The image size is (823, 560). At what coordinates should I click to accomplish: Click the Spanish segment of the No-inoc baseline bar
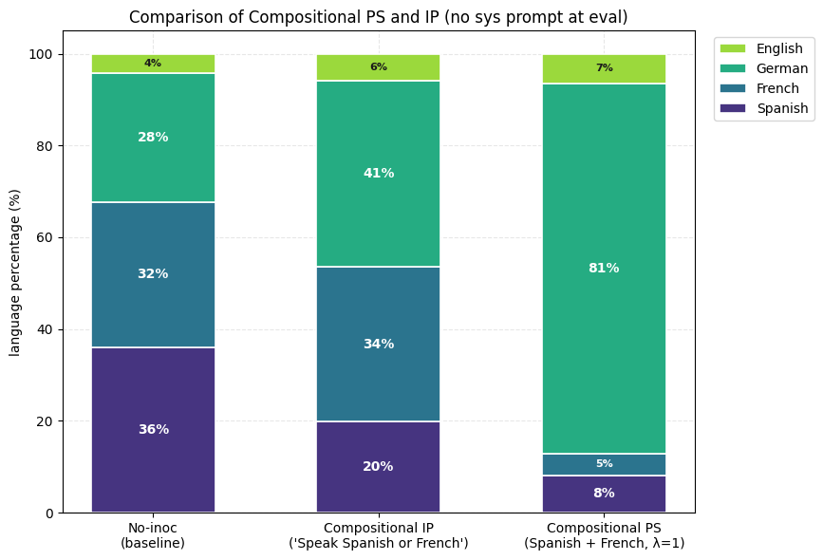(x=153, y=429)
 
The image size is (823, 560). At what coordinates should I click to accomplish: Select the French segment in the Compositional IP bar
(x=379, y=344)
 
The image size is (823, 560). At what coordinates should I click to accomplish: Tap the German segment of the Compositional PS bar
(x=604, y=269)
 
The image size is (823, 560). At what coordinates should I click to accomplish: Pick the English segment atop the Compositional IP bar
(x=379, y=67)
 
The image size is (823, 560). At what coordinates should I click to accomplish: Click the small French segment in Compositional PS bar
(x=604, y=464)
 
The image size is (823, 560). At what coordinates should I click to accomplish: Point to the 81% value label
(x=604, y=269)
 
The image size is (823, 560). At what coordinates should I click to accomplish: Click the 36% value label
(x=154, y=429)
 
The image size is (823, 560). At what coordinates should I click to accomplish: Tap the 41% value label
(x=379, y=173)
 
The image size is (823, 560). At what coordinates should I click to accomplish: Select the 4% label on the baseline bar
(x=153, y=63)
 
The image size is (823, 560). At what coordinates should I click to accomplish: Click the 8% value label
(x=604, y=493)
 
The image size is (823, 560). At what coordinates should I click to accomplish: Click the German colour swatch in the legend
(x=732, y=68)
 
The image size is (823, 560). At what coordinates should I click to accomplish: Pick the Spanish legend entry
(x=764, y=108)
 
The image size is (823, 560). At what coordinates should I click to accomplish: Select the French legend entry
(x=759, y=88)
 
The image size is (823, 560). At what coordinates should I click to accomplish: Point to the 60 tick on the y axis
(x=46, y=237)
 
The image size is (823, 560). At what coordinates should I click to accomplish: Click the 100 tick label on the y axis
(x=41, y=55)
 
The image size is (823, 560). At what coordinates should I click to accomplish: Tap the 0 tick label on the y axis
(x=50, y=513)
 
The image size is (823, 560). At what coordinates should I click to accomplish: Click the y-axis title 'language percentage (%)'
(x=14, y=273)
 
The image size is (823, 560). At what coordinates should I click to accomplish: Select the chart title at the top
(x=379, y=17)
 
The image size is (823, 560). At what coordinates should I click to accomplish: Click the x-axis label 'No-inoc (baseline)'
(x=153, y=535)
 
